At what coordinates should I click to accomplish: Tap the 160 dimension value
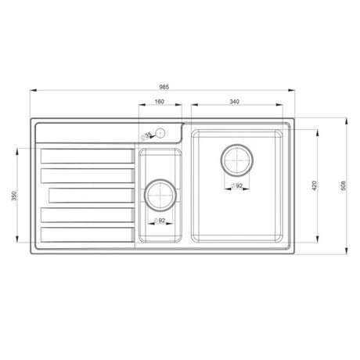(159, 101)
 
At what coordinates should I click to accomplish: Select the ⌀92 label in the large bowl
(236, 186)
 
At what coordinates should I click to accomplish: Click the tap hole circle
(160, 132)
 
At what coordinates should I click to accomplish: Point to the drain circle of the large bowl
(237, 159)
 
